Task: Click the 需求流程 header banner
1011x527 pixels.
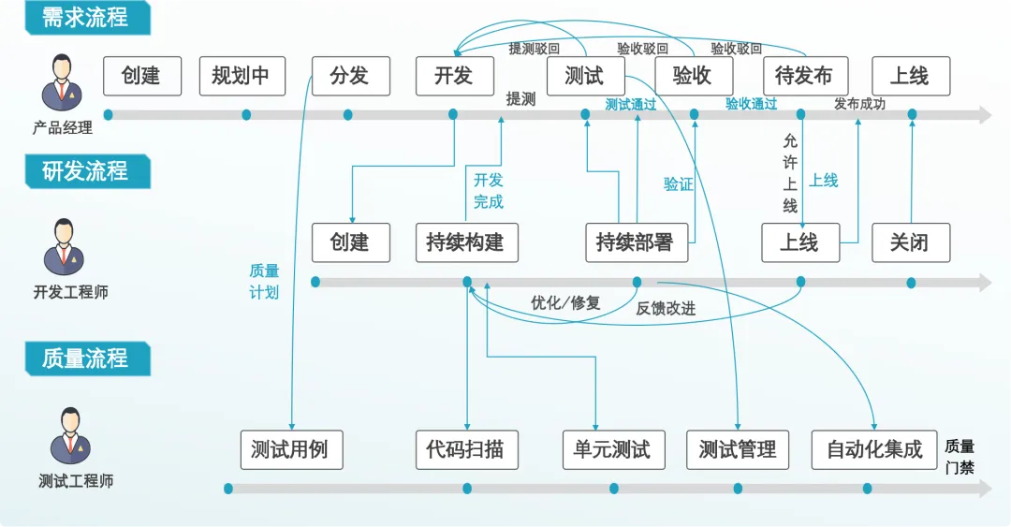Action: click(84, 17)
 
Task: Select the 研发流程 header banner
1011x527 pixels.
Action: click(84, 171)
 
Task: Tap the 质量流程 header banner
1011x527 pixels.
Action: click(84, 359)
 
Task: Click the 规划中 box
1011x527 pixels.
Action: click(241, 76)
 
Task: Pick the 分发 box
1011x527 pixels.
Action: click(349, 76)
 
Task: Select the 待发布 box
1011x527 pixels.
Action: click(804, 76)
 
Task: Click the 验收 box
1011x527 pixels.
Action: click(693, 76)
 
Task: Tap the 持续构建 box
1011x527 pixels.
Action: click(465, 242)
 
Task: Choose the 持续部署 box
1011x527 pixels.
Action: click(635, 242)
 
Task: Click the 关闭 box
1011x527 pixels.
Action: click(909, 242)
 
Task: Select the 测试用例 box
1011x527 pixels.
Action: click(290, 449)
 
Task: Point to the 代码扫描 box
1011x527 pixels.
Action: click(465, 449)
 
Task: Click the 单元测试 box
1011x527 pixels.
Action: click(612, 449)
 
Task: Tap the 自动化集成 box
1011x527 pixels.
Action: click(874, 449)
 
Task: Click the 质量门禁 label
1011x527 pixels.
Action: click(960, 457)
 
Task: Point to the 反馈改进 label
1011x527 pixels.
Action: click(666, 308)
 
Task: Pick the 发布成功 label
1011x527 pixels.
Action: click(859, 104)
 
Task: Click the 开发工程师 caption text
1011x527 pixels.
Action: click(70, 292)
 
